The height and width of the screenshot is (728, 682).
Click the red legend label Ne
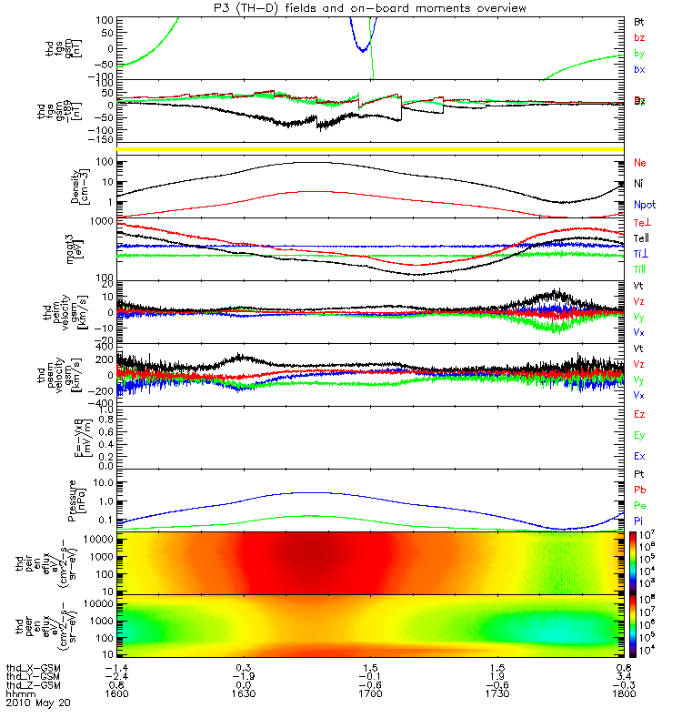click(639, 162)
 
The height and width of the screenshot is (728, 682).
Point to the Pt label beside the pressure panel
click(639, 475)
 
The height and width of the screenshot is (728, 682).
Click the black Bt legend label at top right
click(639, 21)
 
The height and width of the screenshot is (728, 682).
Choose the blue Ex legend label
click(639, 455)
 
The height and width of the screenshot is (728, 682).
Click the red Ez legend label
click(639, 414)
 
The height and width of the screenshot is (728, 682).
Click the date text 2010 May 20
click(37, 703)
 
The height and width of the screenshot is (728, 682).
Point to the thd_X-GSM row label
click(33, 666)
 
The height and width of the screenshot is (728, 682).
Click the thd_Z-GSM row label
click(33, 684)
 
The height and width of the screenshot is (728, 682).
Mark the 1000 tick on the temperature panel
click(102, 221)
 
